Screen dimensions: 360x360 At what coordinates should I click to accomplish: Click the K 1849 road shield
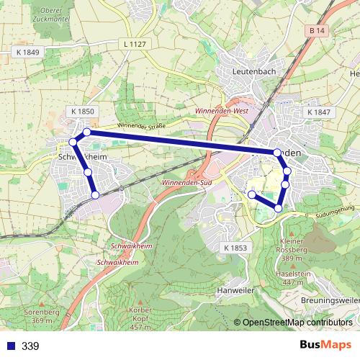(27, 53)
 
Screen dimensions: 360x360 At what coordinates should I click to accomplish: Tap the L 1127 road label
(135, 44)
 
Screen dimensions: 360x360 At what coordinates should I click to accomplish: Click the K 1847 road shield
(318, 112)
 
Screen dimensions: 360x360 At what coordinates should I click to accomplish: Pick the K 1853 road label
(235, 248)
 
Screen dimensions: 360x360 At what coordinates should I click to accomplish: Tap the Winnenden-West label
(222, 112)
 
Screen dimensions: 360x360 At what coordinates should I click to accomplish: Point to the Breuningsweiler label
(330, 300)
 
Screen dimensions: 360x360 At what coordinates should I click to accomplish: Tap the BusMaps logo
(325, 346)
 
